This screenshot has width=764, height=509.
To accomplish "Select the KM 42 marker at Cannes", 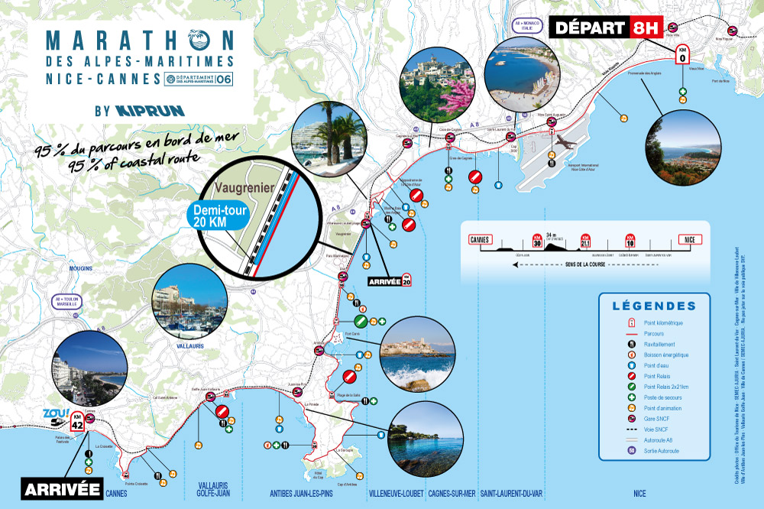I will [77, 422].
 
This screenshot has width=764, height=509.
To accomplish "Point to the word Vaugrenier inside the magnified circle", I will [238, 186].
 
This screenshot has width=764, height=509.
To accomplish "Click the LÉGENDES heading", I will [654, 306].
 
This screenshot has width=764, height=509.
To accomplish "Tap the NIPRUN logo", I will [151, 110].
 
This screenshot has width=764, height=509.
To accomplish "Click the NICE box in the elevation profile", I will [689, 239].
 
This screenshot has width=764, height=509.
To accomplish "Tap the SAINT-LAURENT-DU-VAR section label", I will [510, 493].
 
